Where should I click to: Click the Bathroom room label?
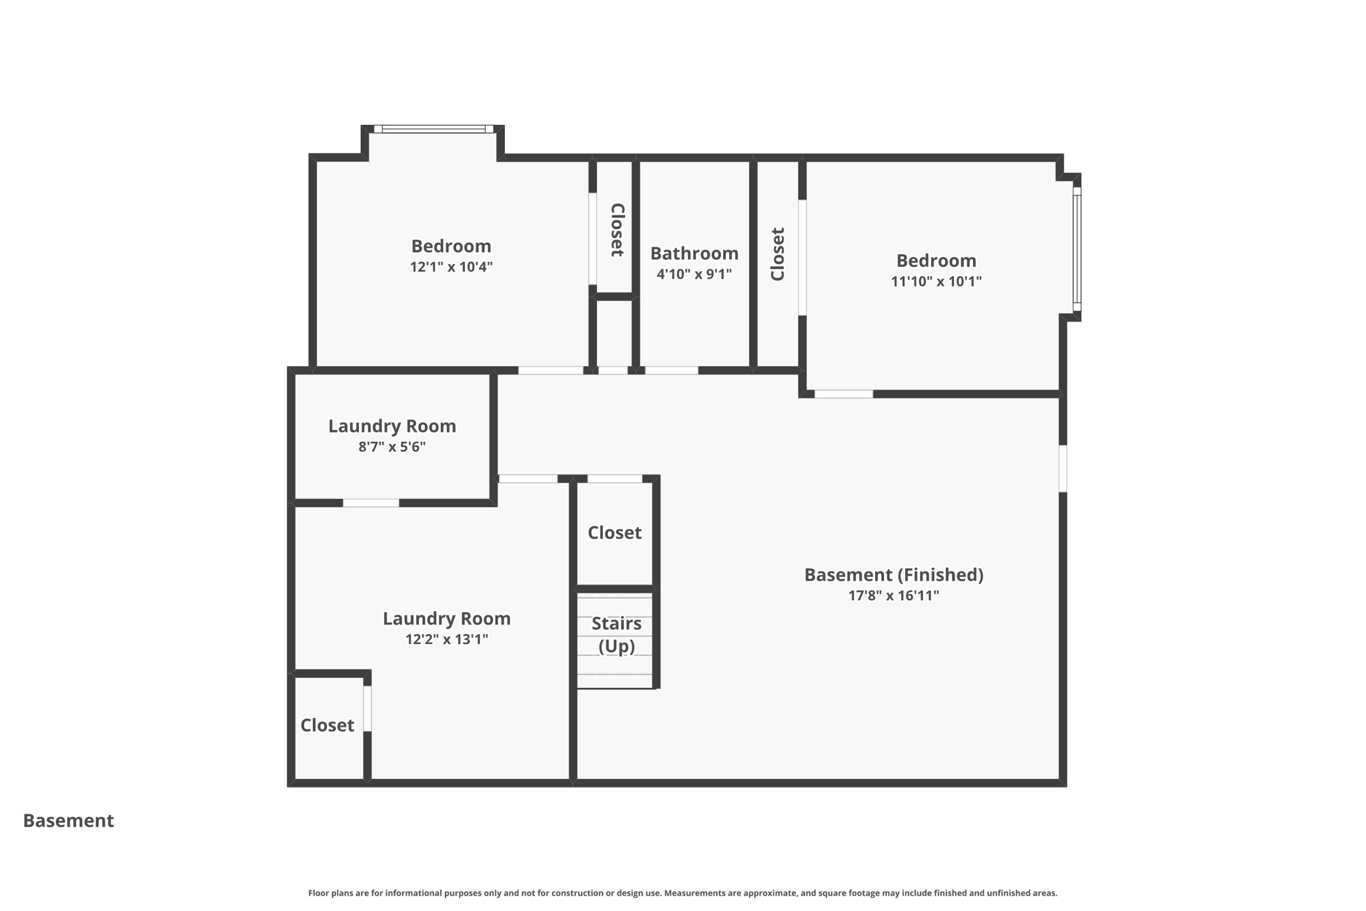coord(694,254)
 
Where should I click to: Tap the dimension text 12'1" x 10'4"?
coord(451,267)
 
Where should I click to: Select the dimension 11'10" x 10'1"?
coord(936,282)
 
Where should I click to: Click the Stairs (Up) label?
coord(616,634)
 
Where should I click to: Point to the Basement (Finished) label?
coord(893,575)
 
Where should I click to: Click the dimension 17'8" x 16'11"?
coord(893,595)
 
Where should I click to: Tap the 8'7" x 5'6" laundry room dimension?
coord(392,446)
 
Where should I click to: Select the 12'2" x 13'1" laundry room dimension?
coord(446,639)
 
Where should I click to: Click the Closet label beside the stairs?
coord(614,533)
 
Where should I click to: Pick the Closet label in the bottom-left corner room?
coord(327,725)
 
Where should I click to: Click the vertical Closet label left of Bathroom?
coord(617,230)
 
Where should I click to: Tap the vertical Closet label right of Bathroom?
coord(778,254)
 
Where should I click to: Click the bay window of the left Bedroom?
coord(434,129)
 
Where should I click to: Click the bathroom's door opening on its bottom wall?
coord(671,370)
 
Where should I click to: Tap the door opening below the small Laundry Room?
coord(371,503)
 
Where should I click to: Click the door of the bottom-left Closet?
coord(367,708)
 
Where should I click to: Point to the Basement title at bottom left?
coord(69,821)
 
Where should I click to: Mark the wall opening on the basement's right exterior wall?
coord(1063,469)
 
